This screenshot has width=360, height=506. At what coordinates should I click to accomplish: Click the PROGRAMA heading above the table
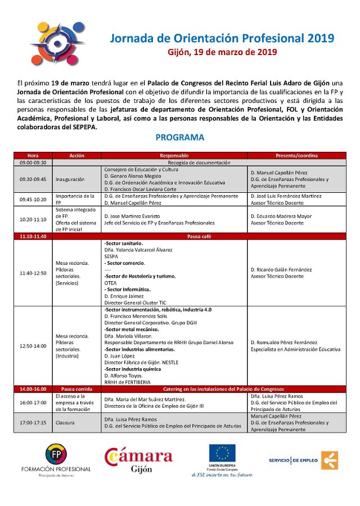pyautogui.click(x=179, y=137)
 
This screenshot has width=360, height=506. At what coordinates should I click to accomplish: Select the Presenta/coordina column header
pyautogui.click(x=296, y=155)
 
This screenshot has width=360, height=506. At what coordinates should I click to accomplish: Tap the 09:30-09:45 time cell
pyautogui.click(x=33, y=179)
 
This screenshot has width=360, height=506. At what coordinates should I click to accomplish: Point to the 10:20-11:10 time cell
pyautogui.click(x=33, y=219)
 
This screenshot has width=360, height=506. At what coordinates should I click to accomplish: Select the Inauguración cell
pyautogui.click(x=70, y=179)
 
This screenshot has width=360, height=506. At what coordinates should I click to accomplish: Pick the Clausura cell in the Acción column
pyautogui.click(x=66, y=422)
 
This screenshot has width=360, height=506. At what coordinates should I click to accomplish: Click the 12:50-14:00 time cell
pyautogui.click(x=33, y=346)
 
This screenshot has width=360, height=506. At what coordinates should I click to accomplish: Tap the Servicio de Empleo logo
pyautogui.click(x=303, y=460)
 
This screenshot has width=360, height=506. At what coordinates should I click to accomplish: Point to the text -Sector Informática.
pyautogui.click(x=127, y=289)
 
